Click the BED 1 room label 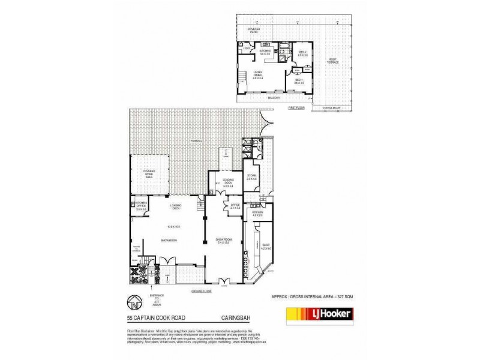pos(298,81)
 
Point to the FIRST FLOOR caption pos(296,107)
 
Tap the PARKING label pos(196,141)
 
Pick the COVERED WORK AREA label pos(149,173)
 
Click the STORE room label pos(251,177)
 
